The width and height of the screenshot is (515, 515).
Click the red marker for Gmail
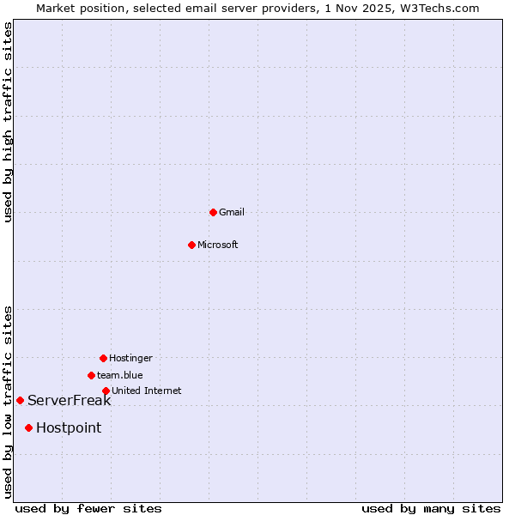coord(213,212)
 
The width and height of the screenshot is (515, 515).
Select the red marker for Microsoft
coord(191,245)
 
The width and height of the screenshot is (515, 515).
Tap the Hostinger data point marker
coord(103,358)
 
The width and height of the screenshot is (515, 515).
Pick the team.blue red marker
coord(91,375)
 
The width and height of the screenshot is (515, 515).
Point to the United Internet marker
coord(106,391)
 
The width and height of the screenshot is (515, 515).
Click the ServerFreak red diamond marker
coord(20,400)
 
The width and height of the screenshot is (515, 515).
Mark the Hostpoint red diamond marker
coord(28,427)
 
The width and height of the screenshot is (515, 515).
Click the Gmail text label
coord(232,212)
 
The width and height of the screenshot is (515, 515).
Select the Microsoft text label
coord(218,245)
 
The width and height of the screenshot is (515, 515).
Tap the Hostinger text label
coord(130,358)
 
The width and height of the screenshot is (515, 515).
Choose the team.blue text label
coord(120,375)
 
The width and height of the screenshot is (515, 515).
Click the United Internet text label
coord(147,391)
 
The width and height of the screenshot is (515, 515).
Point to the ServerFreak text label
coord(70,400)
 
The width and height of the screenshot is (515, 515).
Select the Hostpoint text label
coord(69,427)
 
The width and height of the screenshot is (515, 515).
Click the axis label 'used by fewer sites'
coord(88,508)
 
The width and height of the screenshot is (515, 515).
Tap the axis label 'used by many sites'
coord(431,508)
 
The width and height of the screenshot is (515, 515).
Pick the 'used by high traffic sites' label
coord(8,123)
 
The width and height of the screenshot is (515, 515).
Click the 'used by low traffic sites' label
coord(8,402)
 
